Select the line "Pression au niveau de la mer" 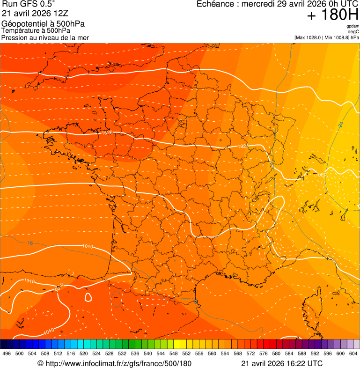point(45,37)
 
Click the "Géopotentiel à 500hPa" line point(43,24)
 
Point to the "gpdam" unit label point(353,26)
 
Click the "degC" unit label point(353,31)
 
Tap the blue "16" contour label point(30,243)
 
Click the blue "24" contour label point(340,125)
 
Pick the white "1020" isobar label point(321,174)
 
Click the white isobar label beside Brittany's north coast point(107,132)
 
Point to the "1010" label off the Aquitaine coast point(87,246)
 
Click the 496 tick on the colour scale point(7,353)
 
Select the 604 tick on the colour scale point(353,353)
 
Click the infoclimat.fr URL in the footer point(114,363)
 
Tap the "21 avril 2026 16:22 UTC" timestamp point(282,363)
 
